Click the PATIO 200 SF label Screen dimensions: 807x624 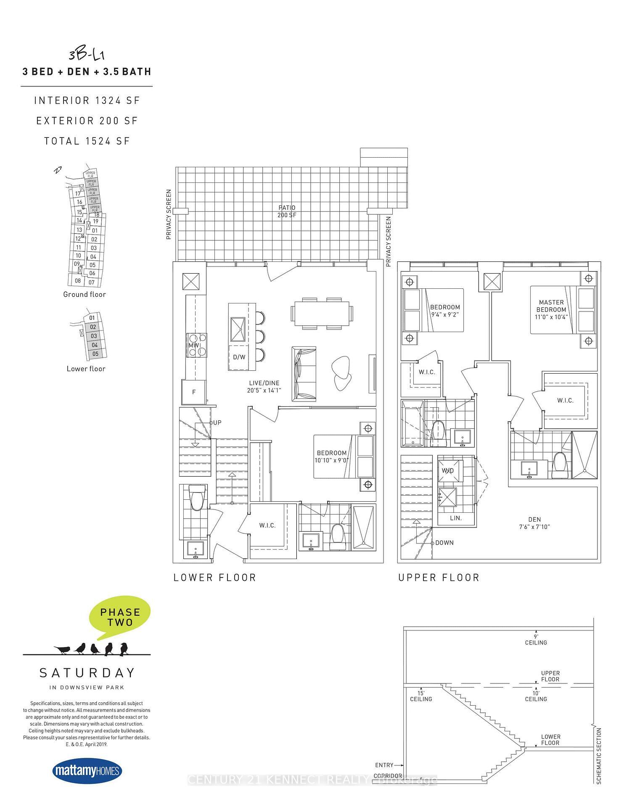pyautogui.click(x=286, y=211)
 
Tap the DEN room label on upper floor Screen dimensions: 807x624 pyautogui.click(x=534, y=523)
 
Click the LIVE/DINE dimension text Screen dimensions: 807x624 pyautogui.click(x=264, y=390)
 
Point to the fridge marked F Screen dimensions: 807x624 pyautogui.click(x=194, y=392)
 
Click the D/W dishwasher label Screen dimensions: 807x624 pyautogui.click(x=239, y=357)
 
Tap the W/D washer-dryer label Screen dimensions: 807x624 pyautogui.click(x=448, y=470)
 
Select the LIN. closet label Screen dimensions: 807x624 pyautogui.click(x=456, y=518)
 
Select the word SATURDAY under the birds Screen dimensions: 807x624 pyautogui.click(x=87, y=673)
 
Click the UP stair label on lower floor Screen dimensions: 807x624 pyautogui.click(x=217, y=422)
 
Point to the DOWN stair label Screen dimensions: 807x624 pyautogui.click(x=444, y=543)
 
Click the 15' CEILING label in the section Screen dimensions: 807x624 pyautogui.click(x=421, y=696)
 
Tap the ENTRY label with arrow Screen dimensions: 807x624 pyautogui.click(x=384, y=765)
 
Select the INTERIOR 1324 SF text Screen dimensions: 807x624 pyautogui.click(x=87, y=100)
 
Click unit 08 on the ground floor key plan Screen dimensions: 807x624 pyautogui.click(x=78, y=281)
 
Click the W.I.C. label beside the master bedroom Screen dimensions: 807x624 pyautogui.click(x=565, y=400)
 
